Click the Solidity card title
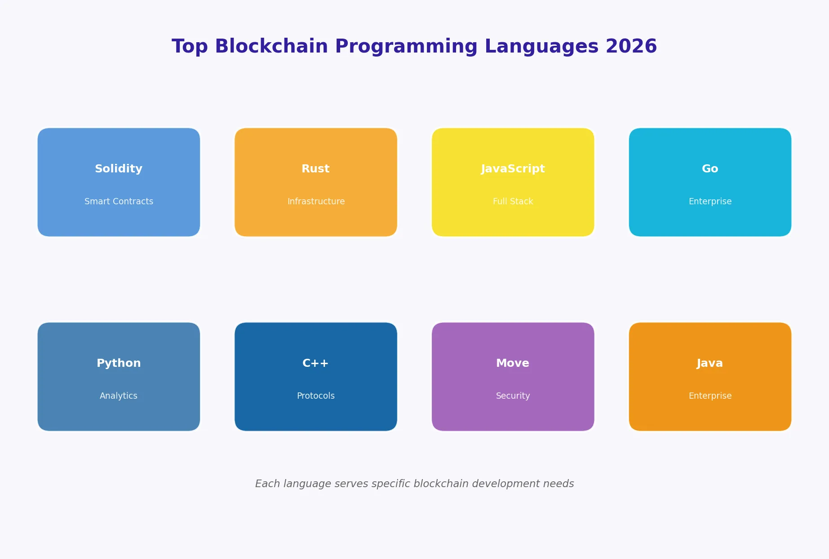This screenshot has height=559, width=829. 119,169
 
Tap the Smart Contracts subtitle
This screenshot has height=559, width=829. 119,202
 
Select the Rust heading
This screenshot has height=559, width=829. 315,169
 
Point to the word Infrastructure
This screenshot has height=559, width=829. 316,202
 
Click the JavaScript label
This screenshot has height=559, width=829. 513,169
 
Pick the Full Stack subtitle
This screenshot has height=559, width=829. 513,202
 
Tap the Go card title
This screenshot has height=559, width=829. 710,169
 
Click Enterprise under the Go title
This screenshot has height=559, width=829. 710,202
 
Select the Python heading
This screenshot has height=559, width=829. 119,363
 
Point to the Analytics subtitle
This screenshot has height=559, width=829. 119,396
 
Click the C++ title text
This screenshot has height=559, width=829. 315,363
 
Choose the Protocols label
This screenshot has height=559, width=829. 316,396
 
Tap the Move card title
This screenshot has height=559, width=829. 513,363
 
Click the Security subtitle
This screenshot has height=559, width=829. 513,396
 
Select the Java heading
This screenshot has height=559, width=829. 710,363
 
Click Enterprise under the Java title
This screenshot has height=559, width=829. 710,396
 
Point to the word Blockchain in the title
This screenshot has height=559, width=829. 271,47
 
